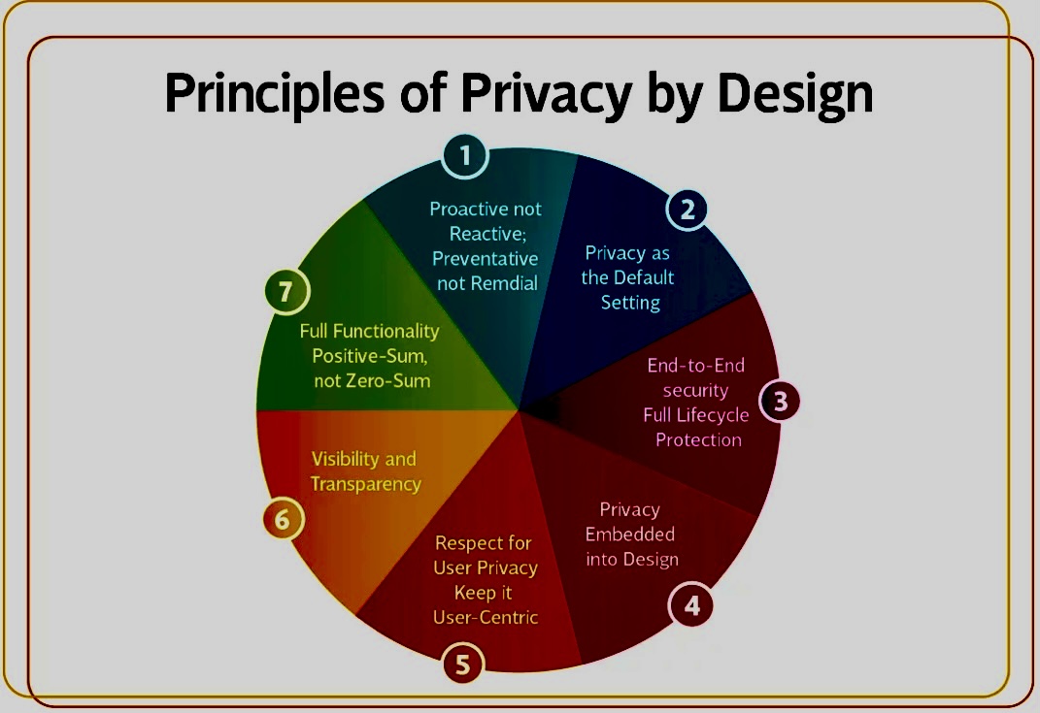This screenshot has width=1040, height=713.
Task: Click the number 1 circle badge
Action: [465, 156]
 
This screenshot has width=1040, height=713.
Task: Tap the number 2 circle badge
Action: [688, 210]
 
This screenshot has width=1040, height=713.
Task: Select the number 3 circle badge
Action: [780, 401]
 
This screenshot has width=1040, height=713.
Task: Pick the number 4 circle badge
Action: [691, 605]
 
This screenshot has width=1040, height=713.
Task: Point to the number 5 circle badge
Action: [463, 664]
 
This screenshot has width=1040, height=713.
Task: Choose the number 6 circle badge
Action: [283, 520]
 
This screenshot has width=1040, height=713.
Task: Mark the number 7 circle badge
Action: [286, 292]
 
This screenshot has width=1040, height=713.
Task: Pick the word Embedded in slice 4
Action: [629, 535]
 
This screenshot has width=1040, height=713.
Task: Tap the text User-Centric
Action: [486, 618]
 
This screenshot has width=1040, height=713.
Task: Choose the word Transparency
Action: [365, 484]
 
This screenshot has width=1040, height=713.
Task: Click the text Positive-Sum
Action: [370, 356]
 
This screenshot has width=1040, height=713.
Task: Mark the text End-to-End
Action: [696, 365]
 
